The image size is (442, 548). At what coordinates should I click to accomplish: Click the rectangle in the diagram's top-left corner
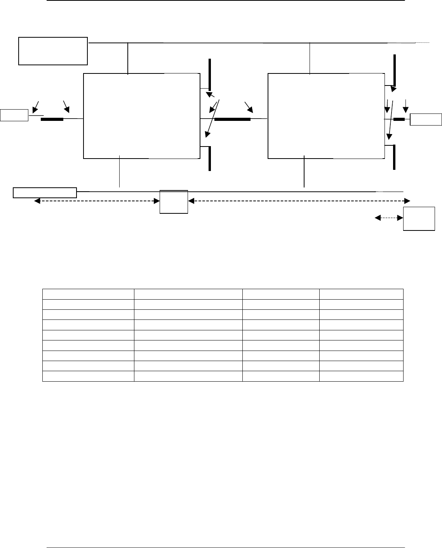coord(53,51)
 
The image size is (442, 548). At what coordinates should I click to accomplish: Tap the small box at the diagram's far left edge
coord(14,115)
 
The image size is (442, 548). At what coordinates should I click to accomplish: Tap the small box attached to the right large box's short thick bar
coord(426,119)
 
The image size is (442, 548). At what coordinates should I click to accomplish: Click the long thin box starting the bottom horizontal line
coord(45,192)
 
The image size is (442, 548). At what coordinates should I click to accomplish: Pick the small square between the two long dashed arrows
coord(174,202)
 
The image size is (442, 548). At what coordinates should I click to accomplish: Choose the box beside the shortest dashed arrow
coord(419,219)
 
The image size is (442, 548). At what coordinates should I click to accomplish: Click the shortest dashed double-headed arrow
coord(389,218)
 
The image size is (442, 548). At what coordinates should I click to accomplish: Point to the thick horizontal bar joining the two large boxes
coord(232,119)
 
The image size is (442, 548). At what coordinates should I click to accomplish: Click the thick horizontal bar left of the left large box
coord(52,119)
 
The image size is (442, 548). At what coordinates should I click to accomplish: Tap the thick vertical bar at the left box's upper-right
coord(210,74)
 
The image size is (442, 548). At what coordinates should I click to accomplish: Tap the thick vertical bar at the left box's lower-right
coord(210,159)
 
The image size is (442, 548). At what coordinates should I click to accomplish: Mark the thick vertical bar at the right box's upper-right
coord(394,70)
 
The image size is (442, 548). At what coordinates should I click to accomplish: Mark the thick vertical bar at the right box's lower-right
coord(394,157)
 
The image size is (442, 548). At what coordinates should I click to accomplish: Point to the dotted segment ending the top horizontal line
coord(423,42)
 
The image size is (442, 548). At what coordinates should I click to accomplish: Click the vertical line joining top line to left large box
coord(128,58)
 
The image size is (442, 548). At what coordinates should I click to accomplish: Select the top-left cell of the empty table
coord(88,293)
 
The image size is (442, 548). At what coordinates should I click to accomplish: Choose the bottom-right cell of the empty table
coord(361,376)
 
